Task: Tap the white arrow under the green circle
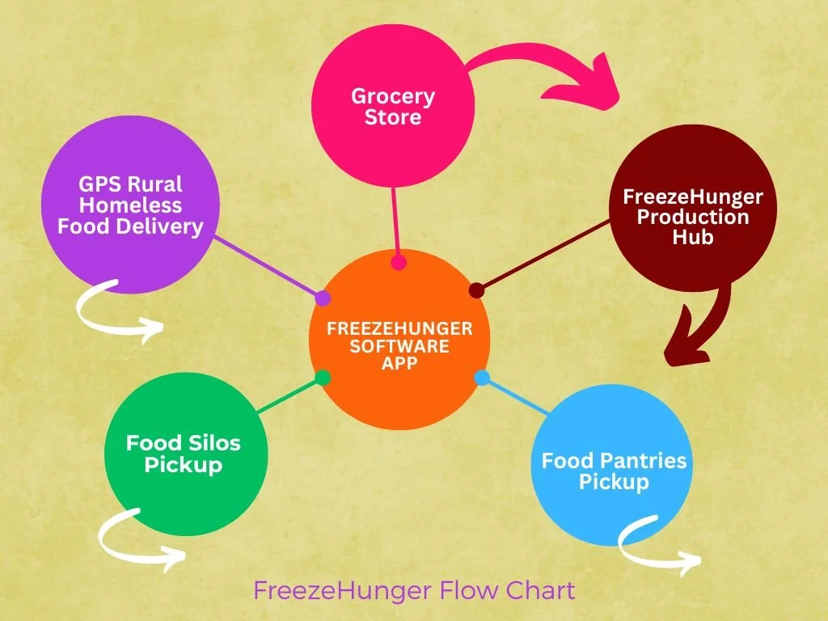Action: point(137,538)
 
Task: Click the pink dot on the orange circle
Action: point(398,262)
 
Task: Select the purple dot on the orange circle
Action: point(323,298)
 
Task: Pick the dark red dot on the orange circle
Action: point(476,289)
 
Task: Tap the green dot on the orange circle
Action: point(323,378)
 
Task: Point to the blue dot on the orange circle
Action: point(482,377)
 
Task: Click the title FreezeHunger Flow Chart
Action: point(414,590)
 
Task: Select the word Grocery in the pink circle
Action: point(393,97)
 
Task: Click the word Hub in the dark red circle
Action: point(692,238)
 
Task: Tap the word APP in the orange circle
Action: point(399,364)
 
